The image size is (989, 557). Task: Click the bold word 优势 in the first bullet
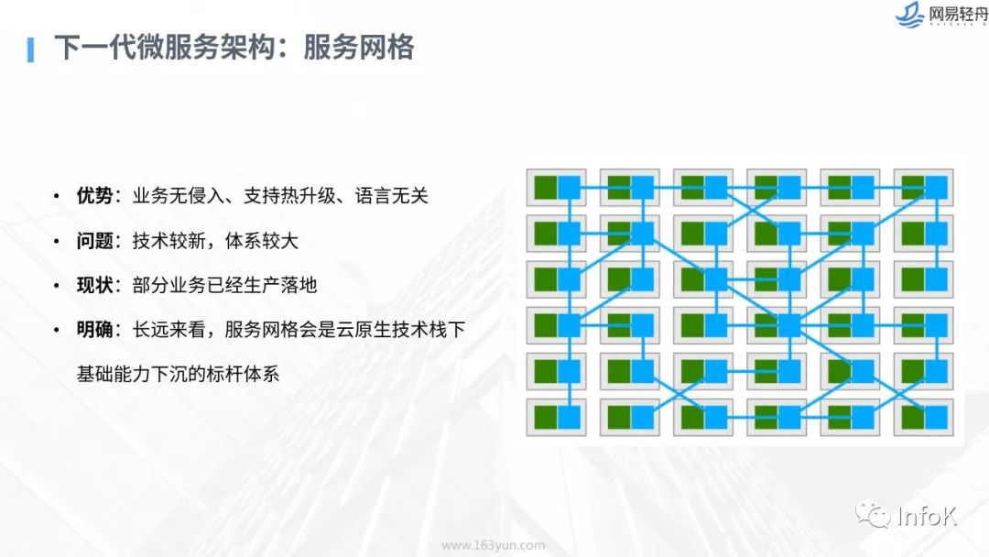(x=94, y=195)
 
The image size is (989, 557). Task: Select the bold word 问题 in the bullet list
(x=94, y=240)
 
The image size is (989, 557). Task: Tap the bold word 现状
(x=94, y=285)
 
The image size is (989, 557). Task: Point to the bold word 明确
(x=94, y=329)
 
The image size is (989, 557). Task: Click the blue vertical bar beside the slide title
(x=30, y=49)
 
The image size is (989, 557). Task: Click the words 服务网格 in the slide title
(x=358, y=48)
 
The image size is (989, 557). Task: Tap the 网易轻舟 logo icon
(x=909, y=15)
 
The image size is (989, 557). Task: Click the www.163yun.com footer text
(x=494, y=545)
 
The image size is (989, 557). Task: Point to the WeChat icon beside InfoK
(x=873, y=513)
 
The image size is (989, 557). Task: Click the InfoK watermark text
(x=927, y=517)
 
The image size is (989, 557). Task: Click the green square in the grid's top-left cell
(x=546, y=188)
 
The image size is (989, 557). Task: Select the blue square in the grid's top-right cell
(x=935, y=188)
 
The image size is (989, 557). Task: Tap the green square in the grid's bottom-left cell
(x=546, y=418)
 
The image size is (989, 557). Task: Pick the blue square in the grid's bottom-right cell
(x=935, y=418)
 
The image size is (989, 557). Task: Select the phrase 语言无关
(x=392, y=195)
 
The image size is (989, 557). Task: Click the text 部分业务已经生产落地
(x=224, y=285)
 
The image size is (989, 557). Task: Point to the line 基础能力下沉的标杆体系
(x=178, y=374)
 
